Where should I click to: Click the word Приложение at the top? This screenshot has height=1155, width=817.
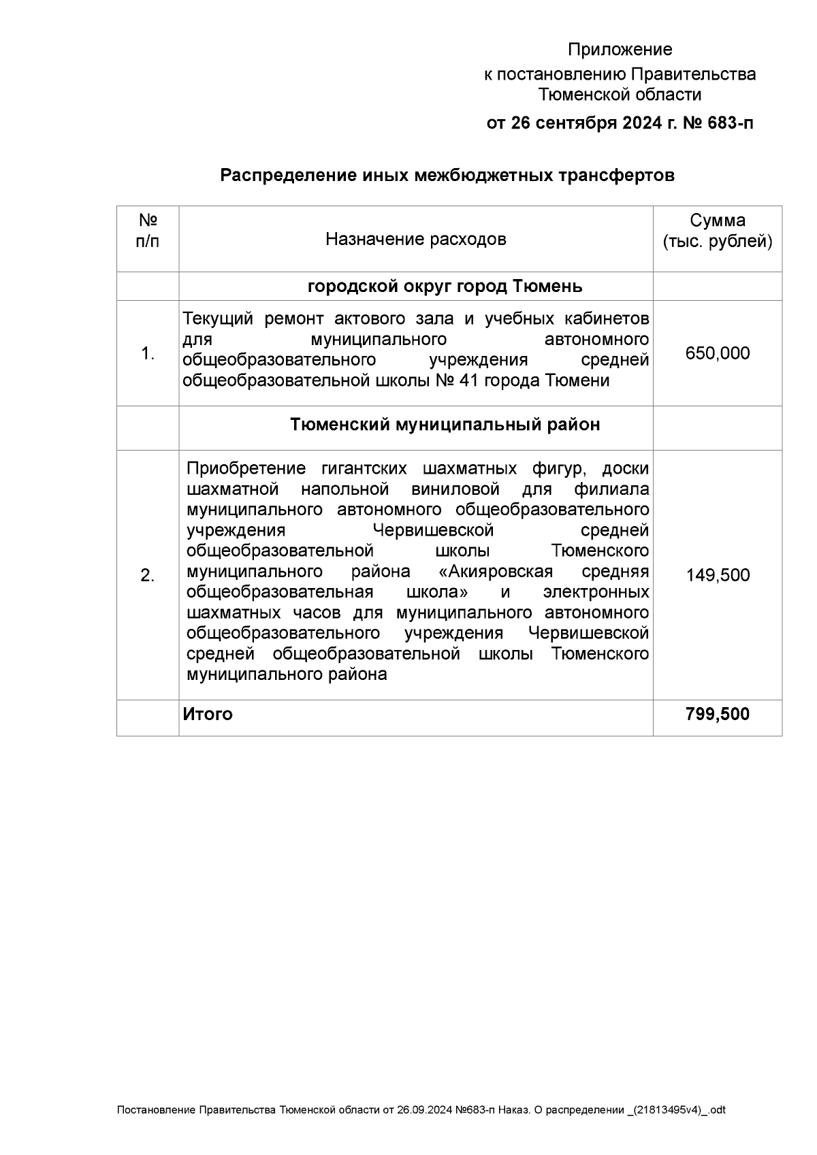[x=620, y=50]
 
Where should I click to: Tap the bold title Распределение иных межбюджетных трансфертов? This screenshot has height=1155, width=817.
[x=447, y=176]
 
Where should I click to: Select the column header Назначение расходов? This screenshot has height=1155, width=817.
[x=415, y=239]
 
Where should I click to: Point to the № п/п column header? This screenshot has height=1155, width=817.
[x=148, y=231]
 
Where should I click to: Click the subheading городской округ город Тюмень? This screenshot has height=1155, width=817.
[x=445, y=286]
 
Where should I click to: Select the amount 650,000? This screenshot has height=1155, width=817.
[x=717, y=353]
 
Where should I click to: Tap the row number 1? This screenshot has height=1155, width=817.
[x=148, y=354]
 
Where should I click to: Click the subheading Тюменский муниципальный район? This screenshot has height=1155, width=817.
[x=445, y=425]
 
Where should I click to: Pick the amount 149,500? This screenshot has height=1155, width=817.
[x=717, y=575]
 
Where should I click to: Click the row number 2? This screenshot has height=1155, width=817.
[x=148, y=576]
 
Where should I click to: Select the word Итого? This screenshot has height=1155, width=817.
[x=208, y=714]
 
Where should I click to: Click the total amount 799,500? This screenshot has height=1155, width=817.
[x=717, y=714]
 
